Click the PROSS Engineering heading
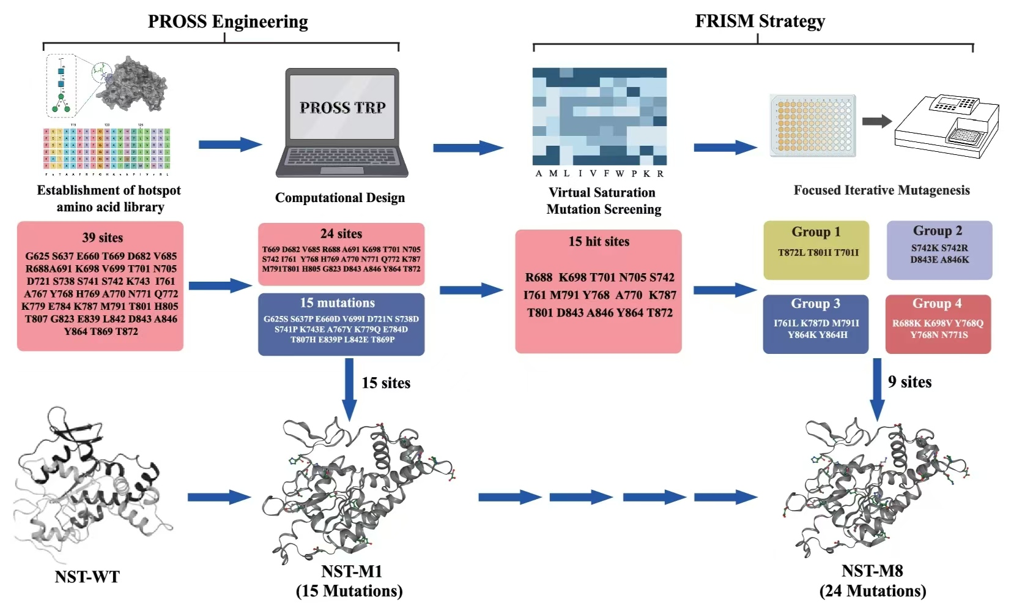click(x=228, y=22)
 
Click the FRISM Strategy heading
click(x=760, y=21)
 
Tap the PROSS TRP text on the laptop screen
click(x=343, y=108)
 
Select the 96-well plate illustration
click(x=813, y=126)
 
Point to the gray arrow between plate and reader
click(x=876, y=121)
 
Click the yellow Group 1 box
click(x=816, y=250)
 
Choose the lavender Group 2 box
click(x=939, y=250)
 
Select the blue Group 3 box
click(x=815, y=324)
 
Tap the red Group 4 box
click(x=938, y=324)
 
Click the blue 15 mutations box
click(x=341, y=325)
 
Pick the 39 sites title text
click(x=102, y=238)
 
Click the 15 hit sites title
click(x=599, y=242)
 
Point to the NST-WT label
click(x=87, y=577)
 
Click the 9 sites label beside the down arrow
click(x=909, y=382)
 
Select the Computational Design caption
click(x=340, y=198)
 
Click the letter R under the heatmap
click(x=661, y=174)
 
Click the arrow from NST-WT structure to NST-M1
click(x=219, y=497)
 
